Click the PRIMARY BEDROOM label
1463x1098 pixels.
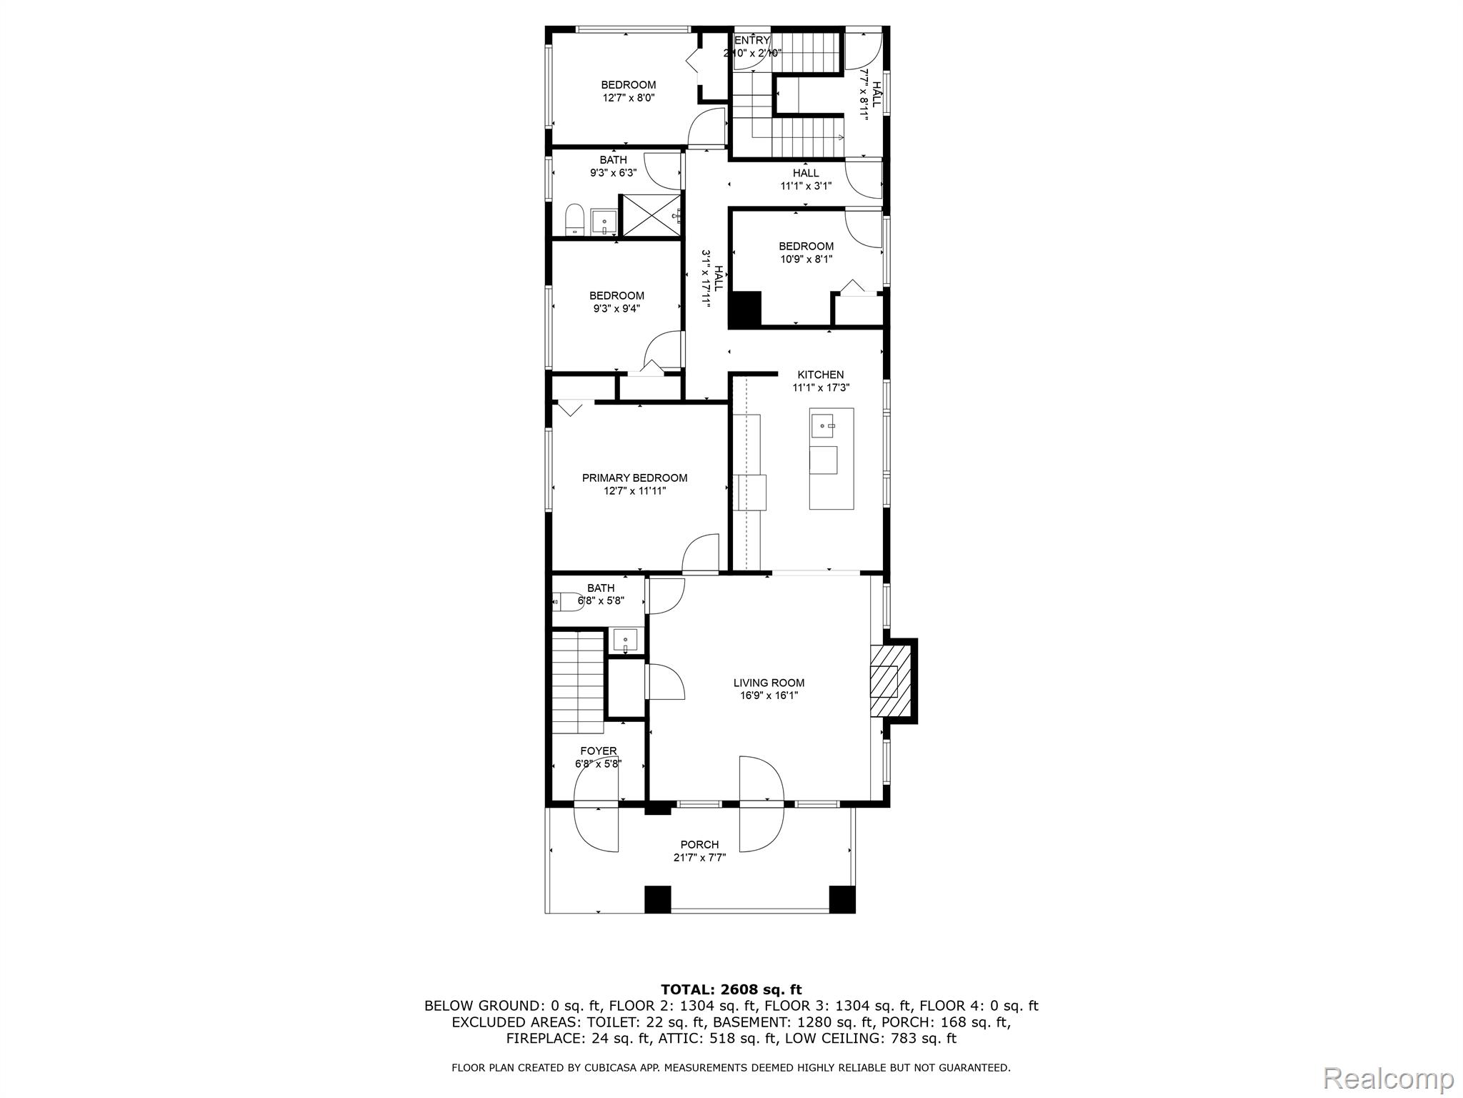coord(634,478)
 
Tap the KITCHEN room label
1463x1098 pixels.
coord(821,375)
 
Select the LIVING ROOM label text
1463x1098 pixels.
coord(769,683)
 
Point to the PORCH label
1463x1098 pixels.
coord(699,845)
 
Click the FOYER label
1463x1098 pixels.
coord(599,751)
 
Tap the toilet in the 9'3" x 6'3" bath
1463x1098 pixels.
coord(574,220)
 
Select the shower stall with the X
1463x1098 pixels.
coord(649,215)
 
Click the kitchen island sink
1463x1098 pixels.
coord(822,425)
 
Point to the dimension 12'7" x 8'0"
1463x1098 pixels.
coord(628,98)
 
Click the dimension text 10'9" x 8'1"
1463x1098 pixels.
coord(806,259)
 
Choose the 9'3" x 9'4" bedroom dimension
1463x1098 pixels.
coord(616,309)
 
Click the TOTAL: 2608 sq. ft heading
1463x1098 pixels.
coord(731,989)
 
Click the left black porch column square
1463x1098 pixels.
coord(658,899)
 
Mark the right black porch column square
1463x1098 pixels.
coord(842,899)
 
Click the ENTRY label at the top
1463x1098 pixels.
coord(752,40)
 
